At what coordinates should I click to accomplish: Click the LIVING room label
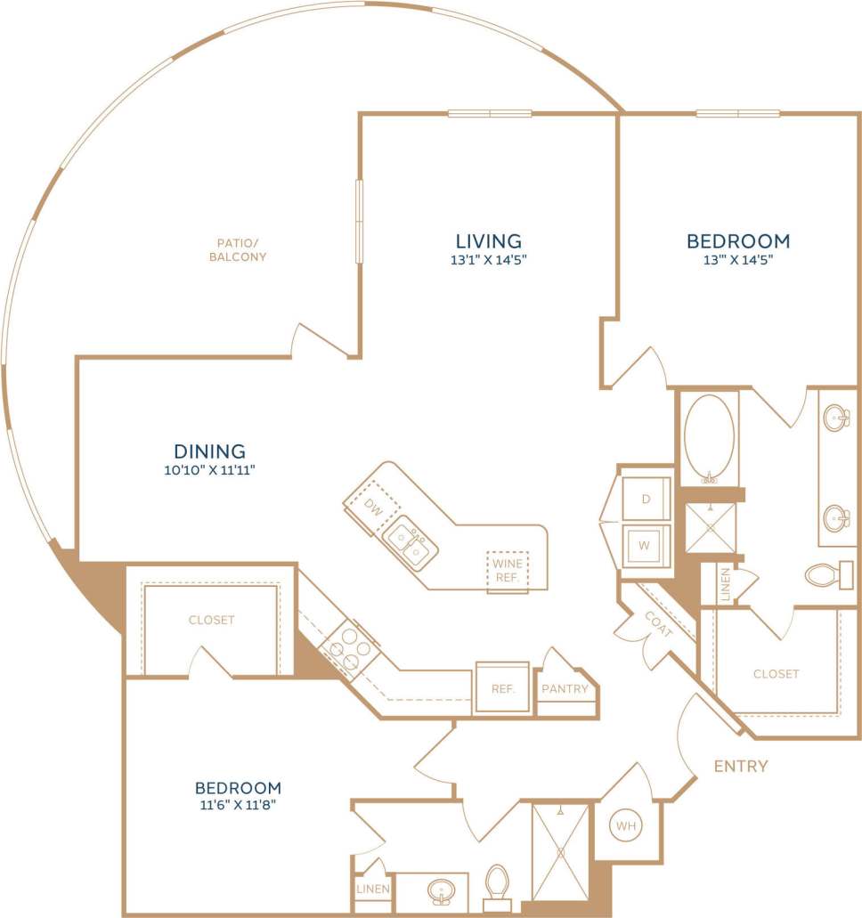[488, 240]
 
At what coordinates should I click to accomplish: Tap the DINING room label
[210, 451]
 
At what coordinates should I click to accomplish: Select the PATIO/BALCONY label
[238, 249]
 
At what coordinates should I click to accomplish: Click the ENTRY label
[741, 766]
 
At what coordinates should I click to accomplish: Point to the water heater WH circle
[627, 827]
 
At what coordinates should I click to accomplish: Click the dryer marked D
[646, 499]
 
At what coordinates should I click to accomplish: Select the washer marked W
[646, 544]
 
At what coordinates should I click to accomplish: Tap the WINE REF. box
[508, 570]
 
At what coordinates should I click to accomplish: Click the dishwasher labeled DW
[372, 506]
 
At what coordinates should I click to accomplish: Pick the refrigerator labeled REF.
[501, 688]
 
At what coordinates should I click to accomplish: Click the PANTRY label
[565, 688]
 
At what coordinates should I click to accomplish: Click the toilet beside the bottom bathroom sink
[498, 884]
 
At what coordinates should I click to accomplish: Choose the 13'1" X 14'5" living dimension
[488, 261]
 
